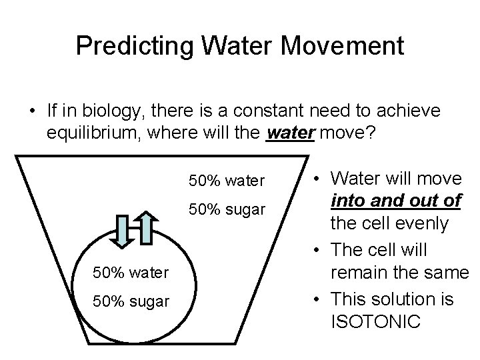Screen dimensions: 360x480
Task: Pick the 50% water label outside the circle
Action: pos(227,179)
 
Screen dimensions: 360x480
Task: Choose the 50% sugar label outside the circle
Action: pos(227,209)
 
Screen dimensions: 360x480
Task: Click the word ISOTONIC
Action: pos(376,322)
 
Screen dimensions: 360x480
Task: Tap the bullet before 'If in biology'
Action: pos(32,109)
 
